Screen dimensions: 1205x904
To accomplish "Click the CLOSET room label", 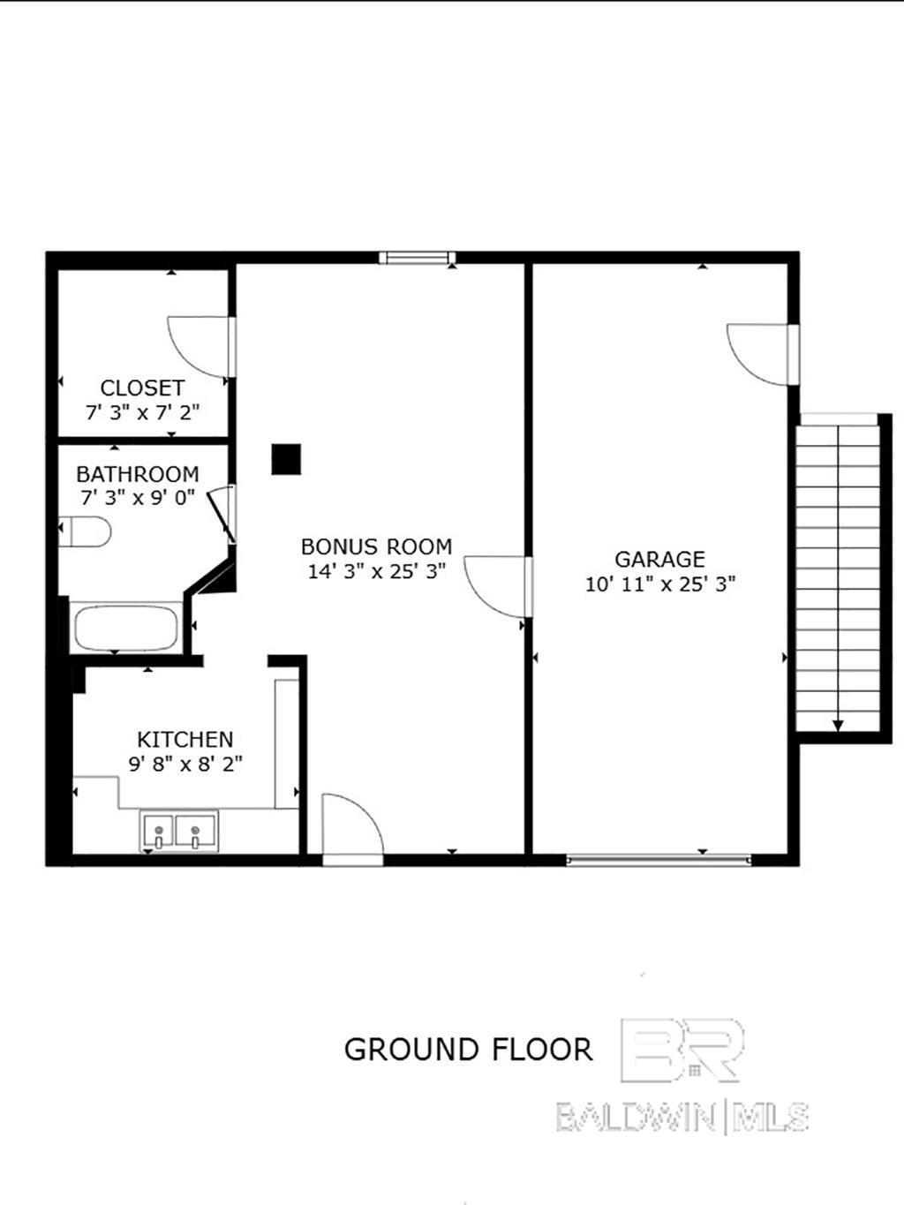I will click(142, 388).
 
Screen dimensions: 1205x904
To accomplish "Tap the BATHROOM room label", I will click(137, 474).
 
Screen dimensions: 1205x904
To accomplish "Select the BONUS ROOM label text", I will click(376, 546).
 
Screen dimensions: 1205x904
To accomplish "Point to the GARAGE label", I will click(659, 560).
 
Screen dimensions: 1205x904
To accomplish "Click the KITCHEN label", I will click(185, 739).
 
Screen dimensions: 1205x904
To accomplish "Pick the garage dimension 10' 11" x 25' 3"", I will click(659, 584).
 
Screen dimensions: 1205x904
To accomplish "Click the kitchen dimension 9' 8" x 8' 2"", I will click(185, 764).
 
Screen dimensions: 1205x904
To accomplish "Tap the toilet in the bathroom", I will click(86, 531).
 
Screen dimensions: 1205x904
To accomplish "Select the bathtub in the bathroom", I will click(126, 628).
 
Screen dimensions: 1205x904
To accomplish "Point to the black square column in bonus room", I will click(286, 459).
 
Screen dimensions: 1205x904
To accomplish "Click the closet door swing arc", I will click(199, 346).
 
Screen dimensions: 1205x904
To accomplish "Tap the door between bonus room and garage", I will click(497, 584).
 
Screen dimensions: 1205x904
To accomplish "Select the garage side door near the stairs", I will click(758, 354).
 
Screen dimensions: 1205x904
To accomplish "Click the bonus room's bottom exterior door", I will click(352, 825).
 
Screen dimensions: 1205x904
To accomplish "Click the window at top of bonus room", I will click(417, 258).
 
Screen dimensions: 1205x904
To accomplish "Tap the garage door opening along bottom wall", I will click(658, 857).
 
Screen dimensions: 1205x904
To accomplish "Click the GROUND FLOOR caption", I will click(468, 1050).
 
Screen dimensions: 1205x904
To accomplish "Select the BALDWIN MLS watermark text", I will click(682, 1117).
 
